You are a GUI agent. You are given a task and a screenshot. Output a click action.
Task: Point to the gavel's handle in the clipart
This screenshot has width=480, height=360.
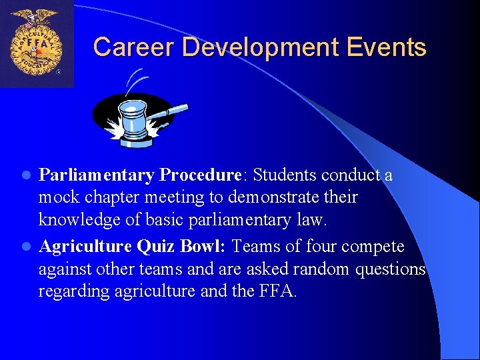(171, 111)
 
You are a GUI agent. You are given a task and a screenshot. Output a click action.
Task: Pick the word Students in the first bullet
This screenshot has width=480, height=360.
(285, 175)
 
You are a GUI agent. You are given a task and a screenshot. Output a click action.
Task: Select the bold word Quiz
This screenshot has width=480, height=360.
(155, 247)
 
